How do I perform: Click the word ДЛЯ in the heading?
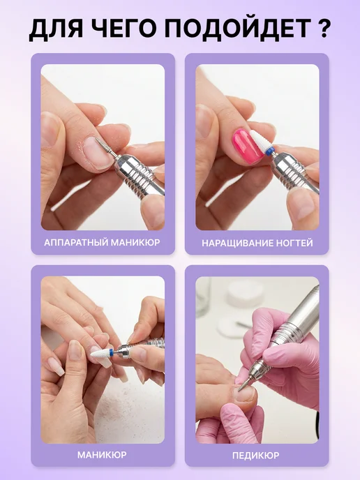coord(57,30)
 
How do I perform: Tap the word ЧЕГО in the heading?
coord(123,29)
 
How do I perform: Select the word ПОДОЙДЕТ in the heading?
coord(238,29)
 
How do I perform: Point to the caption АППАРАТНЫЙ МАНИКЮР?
coord(102,243)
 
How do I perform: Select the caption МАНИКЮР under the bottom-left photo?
coord(102,455)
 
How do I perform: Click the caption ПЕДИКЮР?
coord(255,456)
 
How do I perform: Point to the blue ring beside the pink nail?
coord(269,151)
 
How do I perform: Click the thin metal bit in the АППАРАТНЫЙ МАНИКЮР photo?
coord(105,147)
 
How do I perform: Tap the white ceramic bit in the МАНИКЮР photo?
coord(101,355)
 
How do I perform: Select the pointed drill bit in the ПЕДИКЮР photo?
coord(246,380)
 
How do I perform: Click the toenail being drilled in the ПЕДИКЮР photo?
coord(245,394)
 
